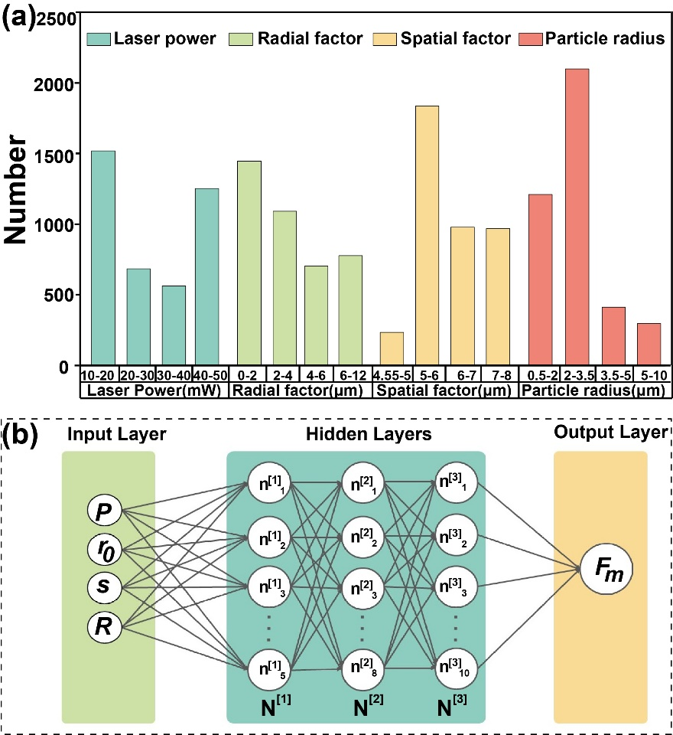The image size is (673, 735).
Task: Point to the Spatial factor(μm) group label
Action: (x=444, y=390)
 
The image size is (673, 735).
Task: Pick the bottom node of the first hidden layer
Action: (x=268, y=665)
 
